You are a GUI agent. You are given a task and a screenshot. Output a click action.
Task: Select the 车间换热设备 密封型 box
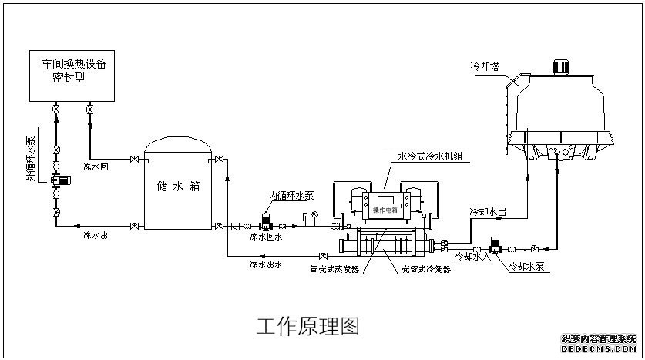[74, 77]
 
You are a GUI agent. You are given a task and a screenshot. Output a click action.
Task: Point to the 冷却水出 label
[488, 210]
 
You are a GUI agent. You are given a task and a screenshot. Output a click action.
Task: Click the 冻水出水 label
[266, 264]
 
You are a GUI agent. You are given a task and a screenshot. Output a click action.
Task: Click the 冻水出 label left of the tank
[96, 236]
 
